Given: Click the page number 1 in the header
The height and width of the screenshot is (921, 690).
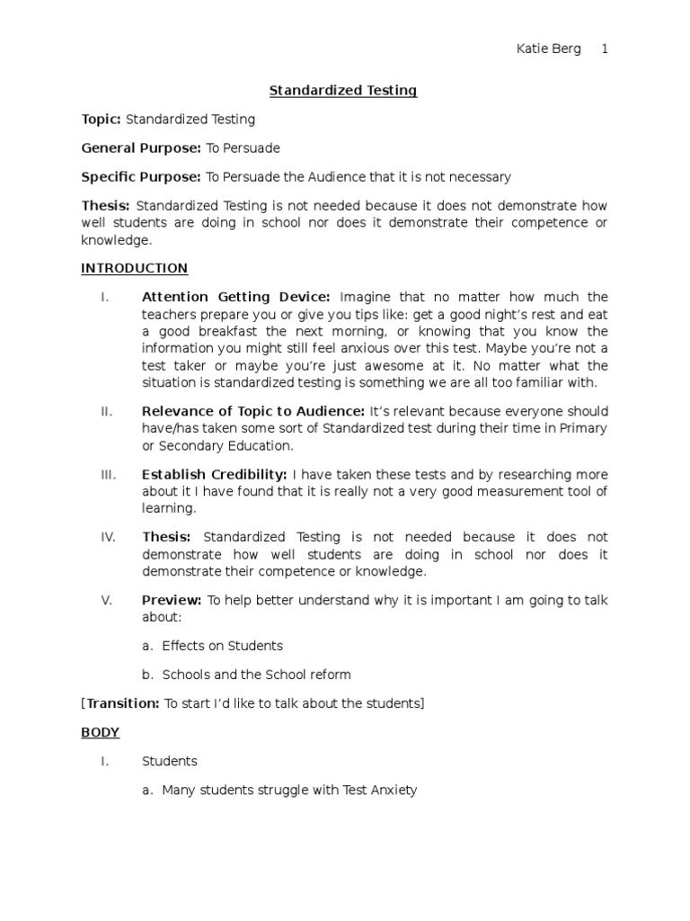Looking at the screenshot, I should pos(605,49).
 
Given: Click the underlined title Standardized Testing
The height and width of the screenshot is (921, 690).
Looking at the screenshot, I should pos(344,90).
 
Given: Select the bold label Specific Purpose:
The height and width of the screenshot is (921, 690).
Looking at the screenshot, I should pos(141,176).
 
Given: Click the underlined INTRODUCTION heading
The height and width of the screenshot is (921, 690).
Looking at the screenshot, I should pos(134,268).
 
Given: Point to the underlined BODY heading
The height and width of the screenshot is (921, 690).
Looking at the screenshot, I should pos(100,732).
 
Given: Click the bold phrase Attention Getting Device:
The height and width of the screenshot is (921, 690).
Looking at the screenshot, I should pos(236,297).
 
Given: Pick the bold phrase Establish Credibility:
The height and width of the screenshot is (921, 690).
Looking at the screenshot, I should pos(214,474).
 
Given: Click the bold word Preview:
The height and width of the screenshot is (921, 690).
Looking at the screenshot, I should pos(172,600).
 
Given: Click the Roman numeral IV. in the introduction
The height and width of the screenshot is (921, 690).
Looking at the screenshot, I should pos(108,537).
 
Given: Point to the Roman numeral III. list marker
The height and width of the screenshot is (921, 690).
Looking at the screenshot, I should pos(107,474).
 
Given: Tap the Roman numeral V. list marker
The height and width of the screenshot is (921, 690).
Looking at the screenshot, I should pos(105,600).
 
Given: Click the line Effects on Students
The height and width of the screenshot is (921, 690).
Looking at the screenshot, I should pos(222,646).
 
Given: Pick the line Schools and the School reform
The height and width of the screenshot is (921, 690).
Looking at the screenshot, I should pos(256,675).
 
